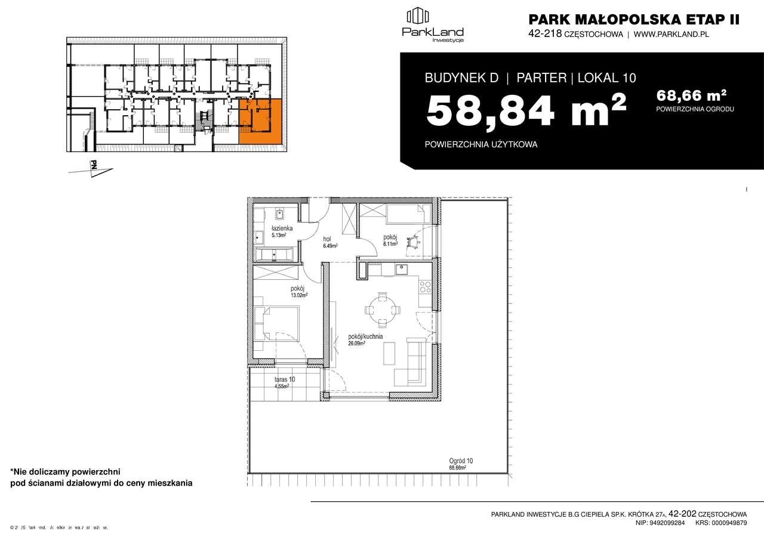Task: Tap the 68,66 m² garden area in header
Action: click(691, 95)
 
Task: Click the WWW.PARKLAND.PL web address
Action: click(671, 35)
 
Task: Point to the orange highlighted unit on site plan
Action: click(260, 121)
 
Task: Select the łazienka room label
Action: click(281, 230)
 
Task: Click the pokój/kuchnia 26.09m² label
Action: click(365, 340)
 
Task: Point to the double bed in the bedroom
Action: click(277, 322)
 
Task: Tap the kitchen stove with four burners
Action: click(426, 287)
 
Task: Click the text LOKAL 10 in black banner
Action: click(606, 78)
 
